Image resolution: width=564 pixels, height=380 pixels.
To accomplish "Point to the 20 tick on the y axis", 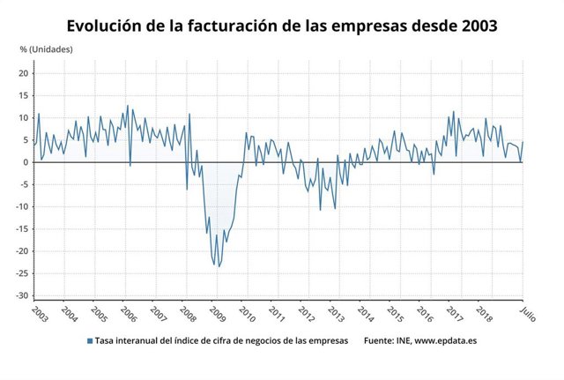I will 24,73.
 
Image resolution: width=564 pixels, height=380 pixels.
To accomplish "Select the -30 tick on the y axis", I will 22,295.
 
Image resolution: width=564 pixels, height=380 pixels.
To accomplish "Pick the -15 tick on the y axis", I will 22,229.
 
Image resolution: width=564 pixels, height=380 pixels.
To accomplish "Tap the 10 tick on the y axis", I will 24,117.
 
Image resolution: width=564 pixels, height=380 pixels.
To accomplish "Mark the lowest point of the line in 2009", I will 219,265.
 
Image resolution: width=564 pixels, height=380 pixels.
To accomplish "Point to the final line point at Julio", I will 523,142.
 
